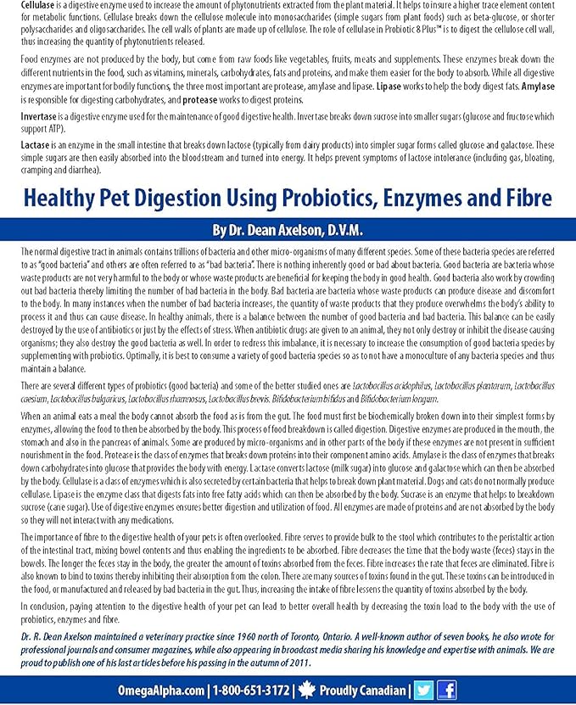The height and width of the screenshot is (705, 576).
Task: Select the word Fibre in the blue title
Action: pos(524,199)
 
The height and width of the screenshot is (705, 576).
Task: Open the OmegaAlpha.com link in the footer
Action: pos(162,690)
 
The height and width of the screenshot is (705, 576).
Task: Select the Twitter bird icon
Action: pos(423,690)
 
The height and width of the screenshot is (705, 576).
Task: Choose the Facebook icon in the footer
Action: pos(446,690)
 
